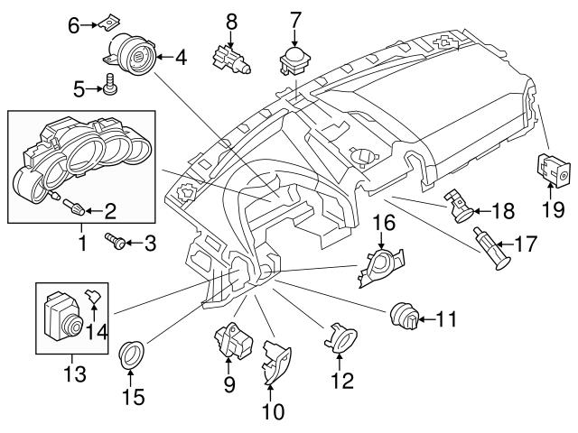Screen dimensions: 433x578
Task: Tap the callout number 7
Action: (x=295, y=17)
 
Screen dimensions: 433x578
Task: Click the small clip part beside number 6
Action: (x=109, y=21)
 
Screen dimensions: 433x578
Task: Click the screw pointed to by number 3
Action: (x=116, y=242)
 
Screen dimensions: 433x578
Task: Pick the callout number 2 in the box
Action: (x=109, y=212)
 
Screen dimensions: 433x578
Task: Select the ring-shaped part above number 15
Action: (x=133, y=355)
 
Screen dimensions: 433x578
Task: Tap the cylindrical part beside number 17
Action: (x=491, y=249)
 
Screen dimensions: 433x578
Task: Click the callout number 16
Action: (x=385, y=222)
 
